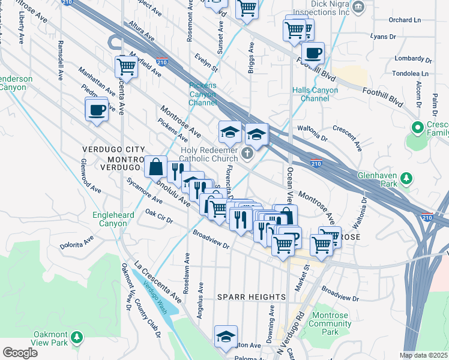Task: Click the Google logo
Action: (20, 353)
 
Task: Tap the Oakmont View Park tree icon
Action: (76, 338)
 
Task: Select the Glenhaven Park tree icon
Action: (406, 178)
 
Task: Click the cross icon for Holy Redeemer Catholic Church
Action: (246, 155)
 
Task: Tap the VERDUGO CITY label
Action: (113, 149)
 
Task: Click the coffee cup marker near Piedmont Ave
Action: (97, 110)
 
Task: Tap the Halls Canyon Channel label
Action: (315, 94)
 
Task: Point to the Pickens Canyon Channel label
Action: (202, 94)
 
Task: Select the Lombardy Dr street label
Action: (411, 58)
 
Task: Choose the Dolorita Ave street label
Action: (77, 242)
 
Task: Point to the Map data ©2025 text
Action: (424, 355)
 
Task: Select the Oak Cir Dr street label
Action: (159, 216)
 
